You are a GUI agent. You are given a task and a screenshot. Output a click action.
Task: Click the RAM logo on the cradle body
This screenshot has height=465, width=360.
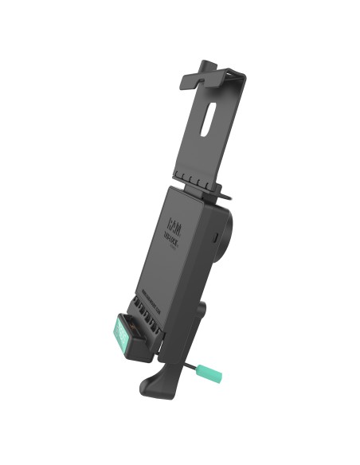coord(176,217)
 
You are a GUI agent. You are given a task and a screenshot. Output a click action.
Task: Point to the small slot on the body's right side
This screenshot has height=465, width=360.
coord(216,236)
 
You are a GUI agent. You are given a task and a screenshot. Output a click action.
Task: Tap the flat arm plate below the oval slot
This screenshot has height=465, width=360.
coord(203,151)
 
